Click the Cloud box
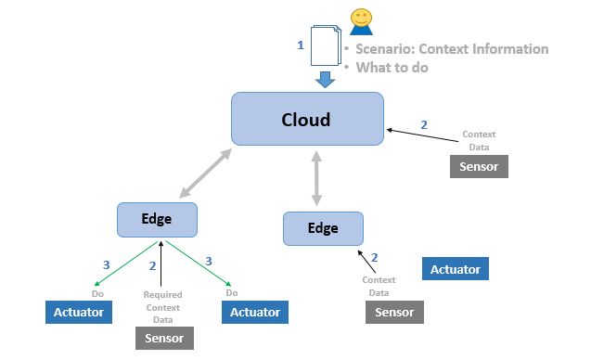point(306,119)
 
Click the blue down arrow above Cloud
point(324,79)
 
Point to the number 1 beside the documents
point(300,45)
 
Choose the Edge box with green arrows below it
point(157,219)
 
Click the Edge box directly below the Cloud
point(323,228)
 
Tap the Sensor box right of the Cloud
point(479,167)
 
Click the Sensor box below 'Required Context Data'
point(164,338)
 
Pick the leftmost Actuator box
point(79,313)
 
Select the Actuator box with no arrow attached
point(455,270)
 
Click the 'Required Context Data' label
point(162,307)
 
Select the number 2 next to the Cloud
point(424,124)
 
